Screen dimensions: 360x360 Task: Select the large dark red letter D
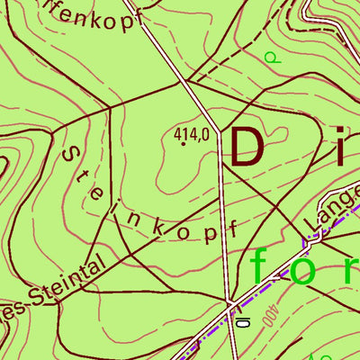click(249, 147)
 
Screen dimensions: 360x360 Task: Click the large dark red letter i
click(341, 147)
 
